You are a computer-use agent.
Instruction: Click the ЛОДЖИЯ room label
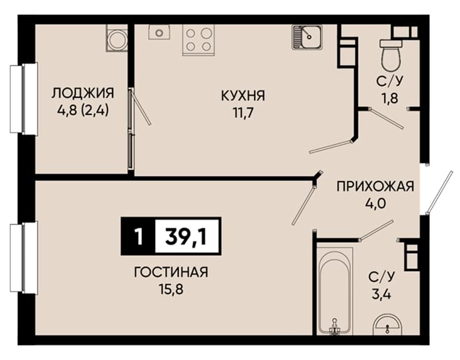82,94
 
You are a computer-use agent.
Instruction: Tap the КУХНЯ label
243,95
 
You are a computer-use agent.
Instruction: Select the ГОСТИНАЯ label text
171,272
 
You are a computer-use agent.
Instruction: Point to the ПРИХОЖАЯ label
375,186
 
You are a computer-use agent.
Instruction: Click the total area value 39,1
186,236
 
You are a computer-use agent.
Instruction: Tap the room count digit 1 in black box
139,236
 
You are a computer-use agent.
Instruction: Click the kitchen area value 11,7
243,113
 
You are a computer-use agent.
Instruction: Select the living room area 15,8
171,289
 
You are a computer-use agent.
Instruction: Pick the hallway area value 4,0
375,204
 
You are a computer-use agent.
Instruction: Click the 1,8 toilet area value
390,98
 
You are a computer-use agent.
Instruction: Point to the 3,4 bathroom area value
382,294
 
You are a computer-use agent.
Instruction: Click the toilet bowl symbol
390,55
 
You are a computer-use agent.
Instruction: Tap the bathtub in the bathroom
335,290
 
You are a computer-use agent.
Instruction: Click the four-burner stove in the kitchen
198,40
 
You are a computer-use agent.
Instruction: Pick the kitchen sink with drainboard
307,37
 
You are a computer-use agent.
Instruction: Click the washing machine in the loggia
117,39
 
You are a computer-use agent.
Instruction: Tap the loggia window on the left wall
24,99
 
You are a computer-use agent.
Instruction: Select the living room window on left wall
24,258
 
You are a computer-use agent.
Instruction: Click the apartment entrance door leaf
438,192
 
